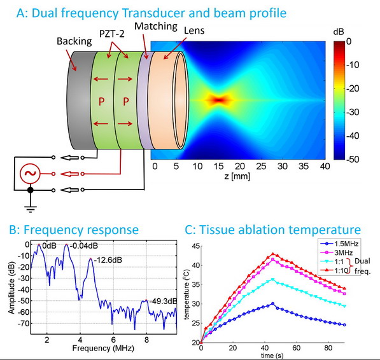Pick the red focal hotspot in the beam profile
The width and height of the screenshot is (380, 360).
219,100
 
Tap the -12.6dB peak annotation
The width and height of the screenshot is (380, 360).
106,260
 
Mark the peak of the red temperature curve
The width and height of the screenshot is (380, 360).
273,254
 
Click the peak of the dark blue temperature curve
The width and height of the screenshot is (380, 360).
273,304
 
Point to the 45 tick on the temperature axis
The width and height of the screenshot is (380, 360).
194,246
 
